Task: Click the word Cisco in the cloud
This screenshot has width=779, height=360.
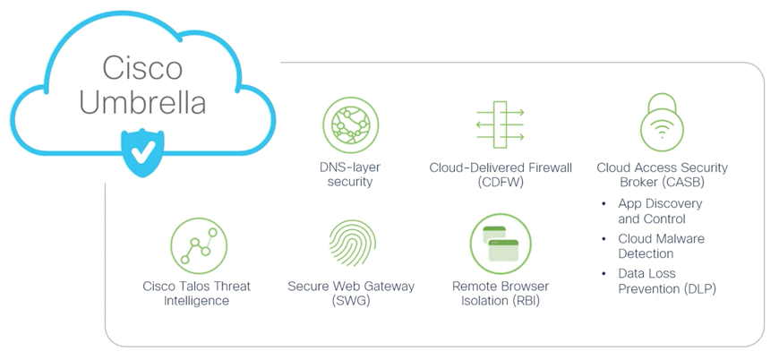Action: point(142,68)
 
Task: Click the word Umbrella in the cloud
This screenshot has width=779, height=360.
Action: point(142,102)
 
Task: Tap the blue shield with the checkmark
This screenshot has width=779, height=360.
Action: point(141,151)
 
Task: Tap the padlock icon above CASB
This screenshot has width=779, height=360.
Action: point(662,123)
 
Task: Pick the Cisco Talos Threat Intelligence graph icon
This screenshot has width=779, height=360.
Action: point(198,245)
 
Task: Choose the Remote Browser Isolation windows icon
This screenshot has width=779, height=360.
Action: point(501,244)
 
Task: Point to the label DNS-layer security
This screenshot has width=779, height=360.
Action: point(350,175)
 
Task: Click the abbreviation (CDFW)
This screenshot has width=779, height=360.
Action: point(500,182)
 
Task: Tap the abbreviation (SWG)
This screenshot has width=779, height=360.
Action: point(351,301)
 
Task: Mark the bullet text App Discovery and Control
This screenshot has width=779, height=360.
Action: point(660,211)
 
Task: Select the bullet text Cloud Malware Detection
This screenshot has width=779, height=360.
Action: point(661,246)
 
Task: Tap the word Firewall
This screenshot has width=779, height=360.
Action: point(546,167)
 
